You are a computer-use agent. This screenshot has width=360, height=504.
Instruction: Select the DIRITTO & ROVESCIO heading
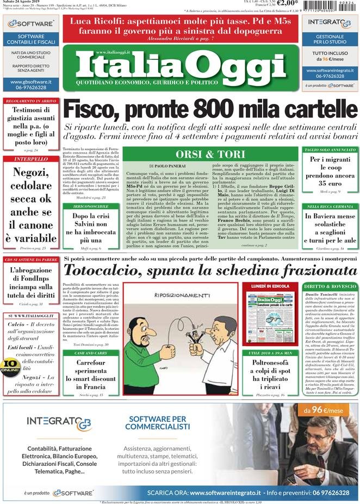[330, 286]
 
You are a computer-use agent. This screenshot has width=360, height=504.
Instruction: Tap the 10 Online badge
[10, 365]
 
